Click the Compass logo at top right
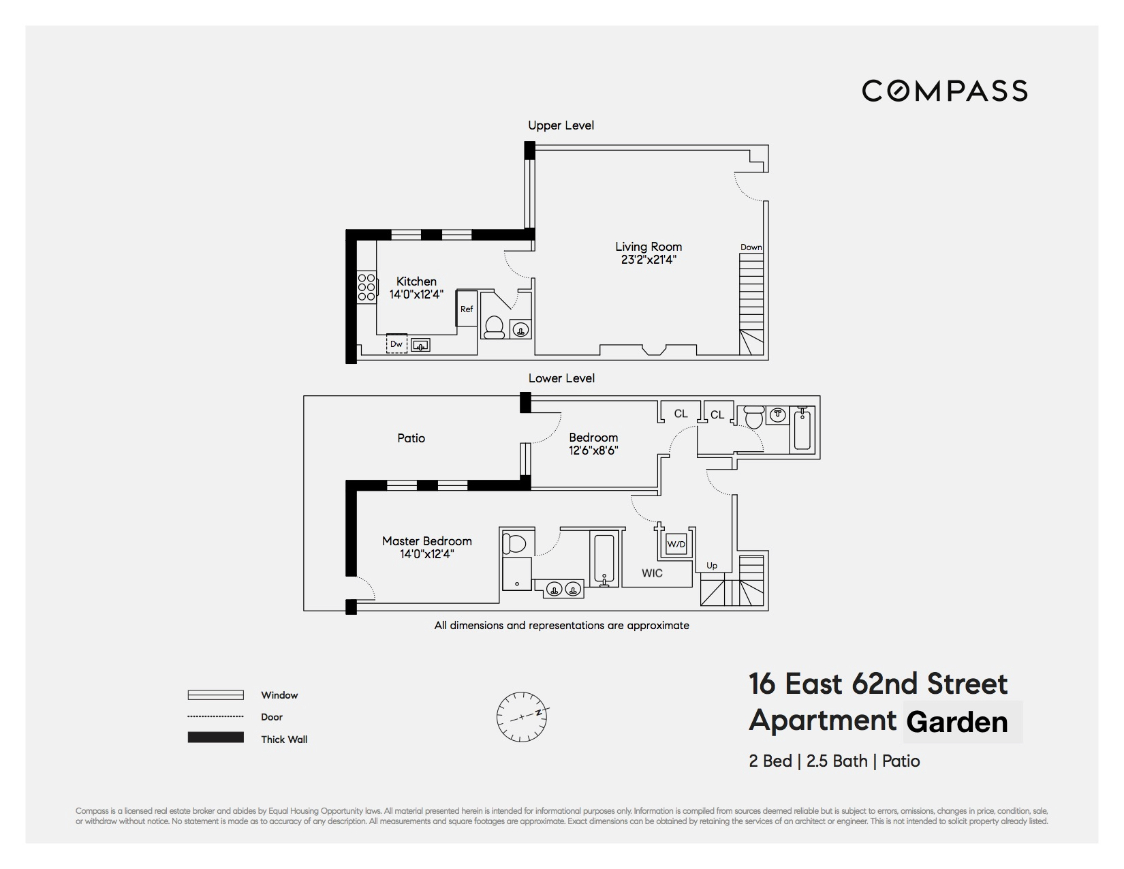[944, 91]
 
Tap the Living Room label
[648, 247]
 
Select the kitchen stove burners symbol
[366, 287]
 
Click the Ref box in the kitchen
[467, 309]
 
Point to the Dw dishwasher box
[396, 344]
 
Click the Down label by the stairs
[751, 247]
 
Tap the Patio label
[411, 438]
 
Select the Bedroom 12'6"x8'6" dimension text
[593, 451]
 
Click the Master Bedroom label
[426, 541]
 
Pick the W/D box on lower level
[676, 544]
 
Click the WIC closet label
[652, 573]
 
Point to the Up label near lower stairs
[712, 566]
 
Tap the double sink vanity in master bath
[563, 589]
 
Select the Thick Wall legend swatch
[215, 738]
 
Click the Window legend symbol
[215, 695]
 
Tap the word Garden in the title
[957, 722]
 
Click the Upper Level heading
[561, 125]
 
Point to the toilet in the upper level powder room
[493, 326]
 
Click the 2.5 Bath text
[837, 761]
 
